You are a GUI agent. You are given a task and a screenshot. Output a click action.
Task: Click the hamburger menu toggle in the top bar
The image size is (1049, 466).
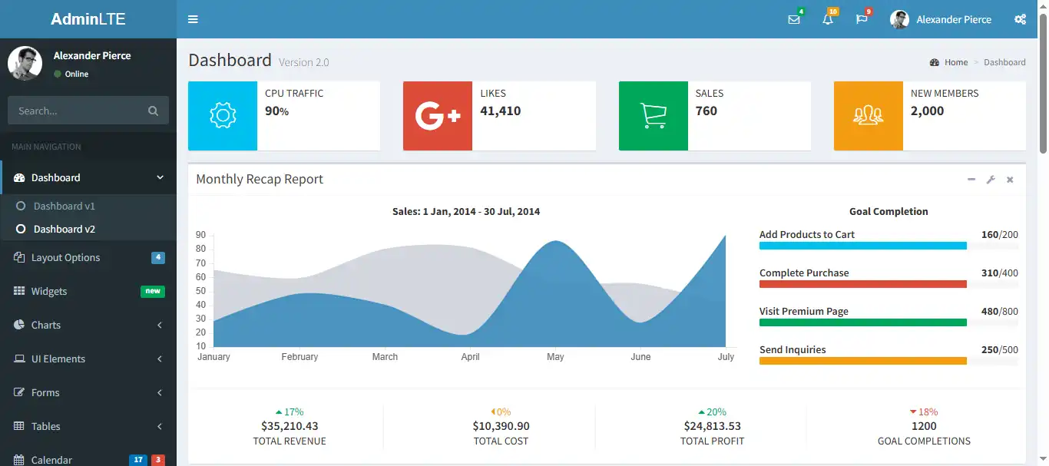coord(193,19)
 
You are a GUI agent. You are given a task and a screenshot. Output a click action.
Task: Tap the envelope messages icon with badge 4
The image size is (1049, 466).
coord(794,19)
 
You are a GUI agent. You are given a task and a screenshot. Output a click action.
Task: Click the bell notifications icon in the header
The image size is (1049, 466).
coord(828,19)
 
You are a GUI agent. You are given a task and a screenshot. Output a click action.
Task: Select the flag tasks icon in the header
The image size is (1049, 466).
coord(862,19)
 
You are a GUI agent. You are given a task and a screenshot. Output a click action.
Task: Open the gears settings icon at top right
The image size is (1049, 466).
coord(1020,19)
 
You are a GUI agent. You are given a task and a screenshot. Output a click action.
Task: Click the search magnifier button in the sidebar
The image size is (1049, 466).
coord(153,111)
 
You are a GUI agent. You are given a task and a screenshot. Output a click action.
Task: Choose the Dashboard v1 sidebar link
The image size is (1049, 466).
coord(64,206)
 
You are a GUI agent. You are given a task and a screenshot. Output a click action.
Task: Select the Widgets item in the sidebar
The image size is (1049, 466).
coord(49,291)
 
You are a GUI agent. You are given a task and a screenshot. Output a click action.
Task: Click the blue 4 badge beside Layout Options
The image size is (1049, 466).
coord(157,257)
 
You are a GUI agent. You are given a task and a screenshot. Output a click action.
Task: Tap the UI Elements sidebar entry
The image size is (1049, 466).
coord(58,359)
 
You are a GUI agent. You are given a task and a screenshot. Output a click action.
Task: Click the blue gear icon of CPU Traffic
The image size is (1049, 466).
coord(223,116)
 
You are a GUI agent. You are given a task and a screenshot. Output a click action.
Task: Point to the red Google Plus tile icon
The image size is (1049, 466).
coord(438,116)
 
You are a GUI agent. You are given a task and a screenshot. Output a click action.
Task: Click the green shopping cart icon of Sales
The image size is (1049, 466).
coord(654,116)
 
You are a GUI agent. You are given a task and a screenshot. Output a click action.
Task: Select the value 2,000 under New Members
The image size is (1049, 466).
coord(927,111)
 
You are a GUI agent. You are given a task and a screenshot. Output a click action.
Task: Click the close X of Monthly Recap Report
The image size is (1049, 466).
coord(1010,180)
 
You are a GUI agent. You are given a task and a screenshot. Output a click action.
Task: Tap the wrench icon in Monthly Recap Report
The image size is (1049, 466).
coord(991,180)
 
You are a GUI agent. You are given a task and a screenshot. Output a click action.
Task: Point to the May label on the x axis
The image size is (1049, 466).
coord(555,357)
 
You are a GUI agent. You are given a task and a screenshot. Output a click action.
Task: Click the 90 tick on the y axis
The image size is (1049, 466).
coord(200,236)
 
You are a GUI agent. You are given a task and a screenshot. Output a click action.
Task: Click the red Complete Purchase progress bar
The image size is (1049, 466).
coord(862,284)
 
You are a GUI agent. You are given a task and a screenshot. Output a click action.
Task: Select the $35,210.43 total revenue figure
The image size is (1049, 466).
coord(290,426)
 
